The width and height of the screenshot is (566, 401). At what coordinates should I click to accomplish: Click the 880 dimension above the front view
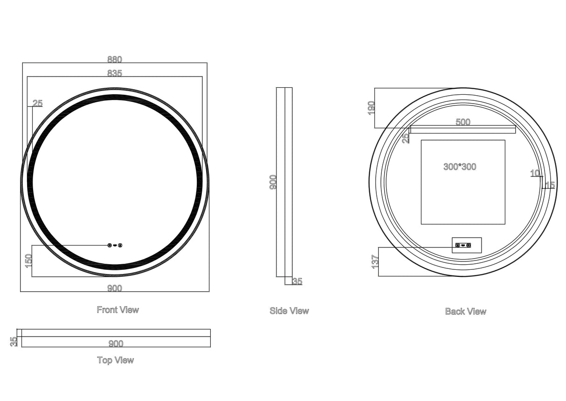[114, 60]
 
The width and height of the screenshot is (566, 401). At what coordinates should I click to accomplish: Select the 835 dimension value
[114, 73]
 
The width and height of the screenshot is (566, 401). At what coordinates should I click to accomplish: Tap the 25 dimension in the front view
[38, 104]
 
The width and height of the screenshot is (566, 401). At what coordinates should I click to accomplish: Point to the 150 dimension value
[28, 260]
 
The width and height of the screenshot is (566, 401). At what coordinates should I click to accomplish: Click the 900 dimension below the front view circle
[114, 288]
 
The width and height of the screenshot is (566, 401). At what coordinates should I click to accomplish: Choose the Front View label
[117, 310]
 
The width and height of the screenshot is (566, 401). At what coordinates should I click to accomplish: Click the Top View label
[115, 360]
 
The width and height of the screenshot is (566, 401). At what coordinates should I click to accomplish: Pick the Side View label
[289, 310]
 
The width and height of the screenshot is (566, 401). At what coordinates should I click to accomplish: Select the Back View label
[465, 311]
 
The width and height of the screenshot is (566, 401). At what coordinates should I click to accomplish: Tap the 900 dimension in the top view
[116, 344]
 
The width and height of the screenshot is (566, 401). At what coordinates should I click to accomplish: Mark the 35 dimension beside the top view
[14, 342]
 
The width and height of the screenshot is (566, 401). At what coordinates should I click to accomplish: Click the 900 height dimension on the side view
[273, 182]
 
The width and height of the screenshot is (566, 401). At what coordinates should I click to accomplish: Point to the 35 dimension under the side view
[297, 281]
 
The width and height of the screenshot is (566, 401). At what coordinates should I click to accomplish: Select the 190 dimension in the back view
[372, 108]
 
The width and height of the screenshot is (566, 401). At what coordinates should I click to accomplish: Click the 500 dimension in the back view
[462, 122]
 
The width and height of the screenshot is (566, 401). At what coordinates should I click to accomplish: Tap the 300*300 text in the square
[460, 167]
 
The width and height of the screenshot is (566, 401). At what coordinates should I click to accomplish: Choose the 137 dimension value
[375, 261]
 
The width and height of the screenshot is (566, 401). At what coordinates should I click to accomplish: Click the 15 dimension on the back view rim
[550, 185]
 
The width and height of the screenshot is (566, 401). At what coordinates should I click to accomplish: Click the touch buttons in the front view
[115, 245]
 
